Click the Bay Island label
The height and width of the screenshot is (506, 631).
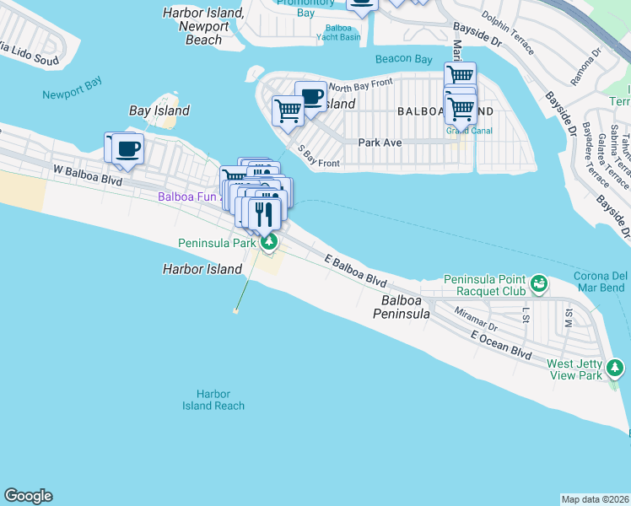pos(159,110)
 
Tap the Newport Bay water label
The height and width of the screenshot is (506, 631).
pos(72,94)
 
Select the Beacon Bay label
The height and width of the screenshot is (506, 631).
pos(404,58)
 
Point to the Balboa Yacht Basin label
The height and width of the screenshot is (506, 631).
pos(343,32)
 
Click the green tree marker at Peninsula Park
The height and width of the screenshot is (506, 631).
pos(269,243)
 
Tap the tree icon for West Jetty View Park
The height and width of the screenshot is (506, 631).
pos(617,367)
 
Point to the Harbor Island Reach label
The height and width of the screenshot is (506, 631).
pos(213,400)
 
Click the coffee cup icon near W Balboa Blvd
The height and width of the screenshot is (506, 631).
pos(128,148)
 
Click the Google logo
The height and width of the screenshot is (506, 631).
pos(28,496)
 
